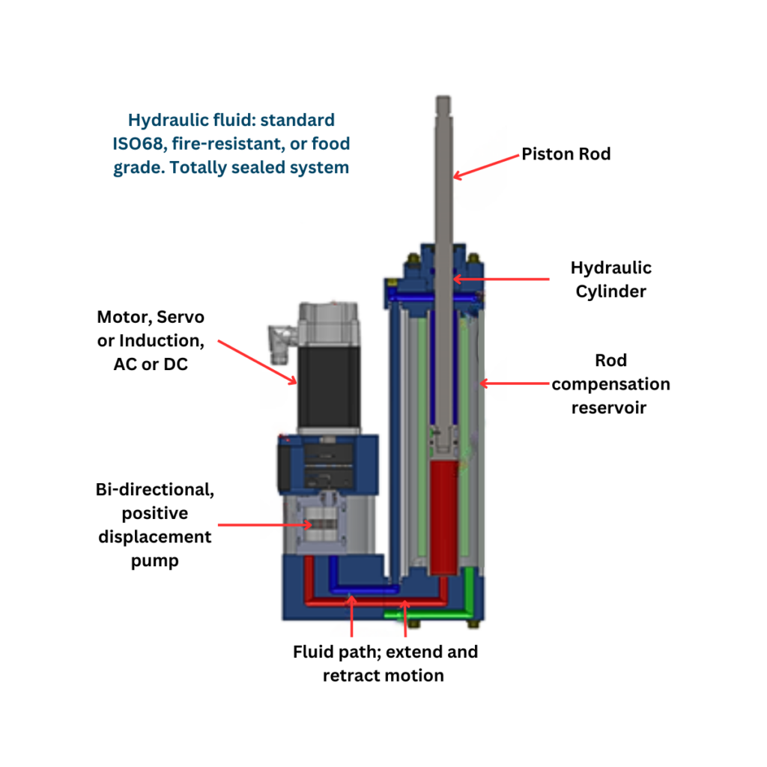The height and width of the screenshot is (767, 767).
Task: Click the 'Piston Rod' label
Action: pyautogui.click(x=566, y=154)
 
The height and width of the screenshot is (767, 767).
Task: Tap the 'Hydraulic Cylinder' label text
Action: pyautogui.click(x=610, y=279)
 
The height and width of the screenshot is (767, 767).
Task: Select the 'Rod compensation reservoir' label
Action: pyautogui.click(x=610, y=383)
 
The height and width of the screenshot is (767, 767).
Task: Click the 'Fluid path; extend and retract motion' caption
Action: pyautogui.click(x=384, y=663)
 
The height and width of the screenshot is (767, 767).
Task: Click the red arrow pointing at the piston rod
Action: pyautogui.click(x=487, y=166)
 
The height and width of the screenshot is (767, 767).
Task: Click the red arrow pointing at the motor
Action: pyautogui.click(x=258, y=361)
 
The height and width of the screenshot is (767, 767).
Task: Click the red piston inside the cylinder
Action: pyautogui.click(x=447, y=518)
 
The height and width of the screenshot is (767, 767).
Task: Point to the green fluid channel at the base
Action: pyautogui.click(x=431, y=615)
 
